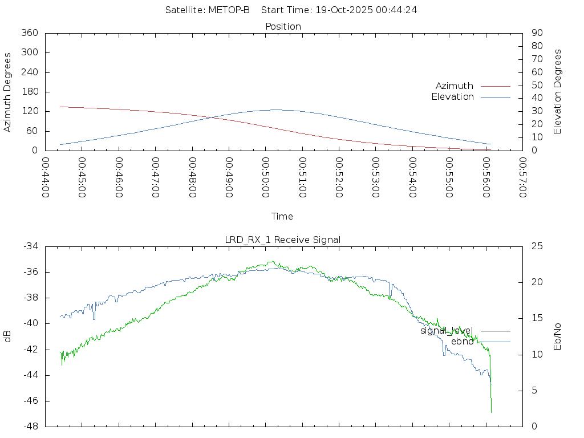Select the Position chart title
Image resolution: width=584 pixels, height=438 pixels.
click(x=283, y=26)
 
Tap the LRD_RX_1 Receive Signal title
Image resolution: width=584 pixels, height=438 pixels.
click(x=283, y=240)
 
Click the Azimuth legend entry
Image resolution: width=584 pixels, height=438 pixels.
click(x=455, y=86)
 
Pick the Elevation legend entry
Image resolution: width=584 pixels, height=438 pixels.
click(x=452, y=97)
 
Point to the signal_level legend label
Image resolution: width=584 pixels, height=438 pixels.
click(x=447, y=331)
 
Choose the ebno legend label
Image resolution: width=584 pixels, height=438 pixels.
click(x=462, y=342)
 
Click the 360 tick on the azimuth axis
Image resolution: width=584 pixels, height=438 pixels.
click(x=29, y=33)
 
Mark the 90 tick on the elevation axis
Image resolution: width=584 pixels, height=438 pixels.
click(x=536, y=33)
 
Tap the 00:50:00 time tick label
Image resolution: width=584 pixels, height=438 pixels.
click(x=266, y=177)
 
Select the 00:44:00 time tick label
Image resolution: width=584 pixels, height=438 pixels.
click(x=46, y=177)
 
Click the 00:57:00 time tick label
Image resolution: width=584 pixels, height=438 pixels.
click(x=522, y=177)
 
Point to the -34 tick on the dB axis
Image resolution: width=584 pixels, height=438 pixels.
click(x=30, y=246)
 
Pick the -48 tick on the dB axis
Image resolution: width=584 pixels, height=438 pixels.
click(x=30, y=427)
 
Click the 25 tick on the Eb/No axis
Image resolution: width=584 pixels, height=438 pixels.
click(x=537, y=246)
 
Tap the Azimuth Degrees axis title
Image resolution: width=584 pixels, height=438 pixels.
click(x=8, y=92)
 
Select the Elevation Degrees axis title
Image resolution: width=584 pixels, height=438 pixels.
click(x=558, y=92)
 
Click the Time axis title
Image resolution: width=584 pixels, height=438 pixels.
click(x=282, y=216)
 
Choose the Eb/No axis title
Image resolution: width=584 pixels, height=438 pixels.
click(x=558, y=336)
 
